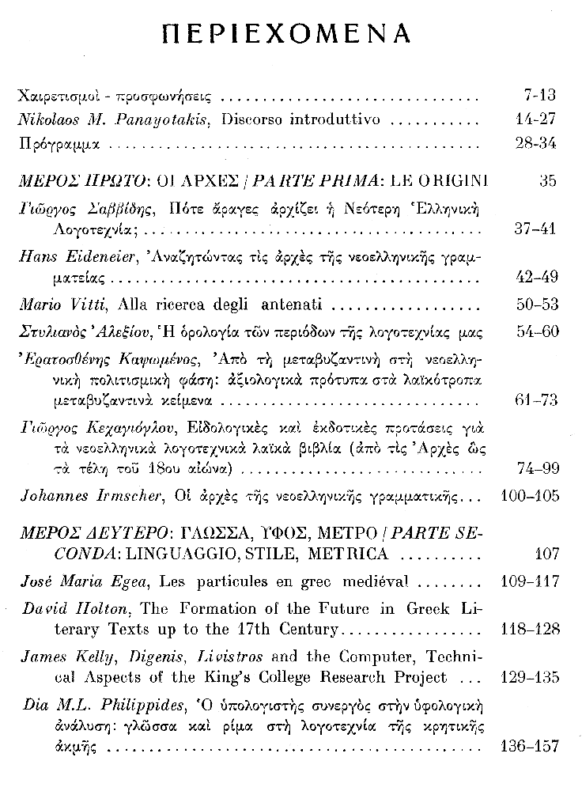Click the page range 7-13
coord(540,97)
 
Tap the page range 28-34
coord(535,143)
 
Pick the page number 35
coord(547,180)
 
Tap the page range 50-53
coord(538,305)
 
